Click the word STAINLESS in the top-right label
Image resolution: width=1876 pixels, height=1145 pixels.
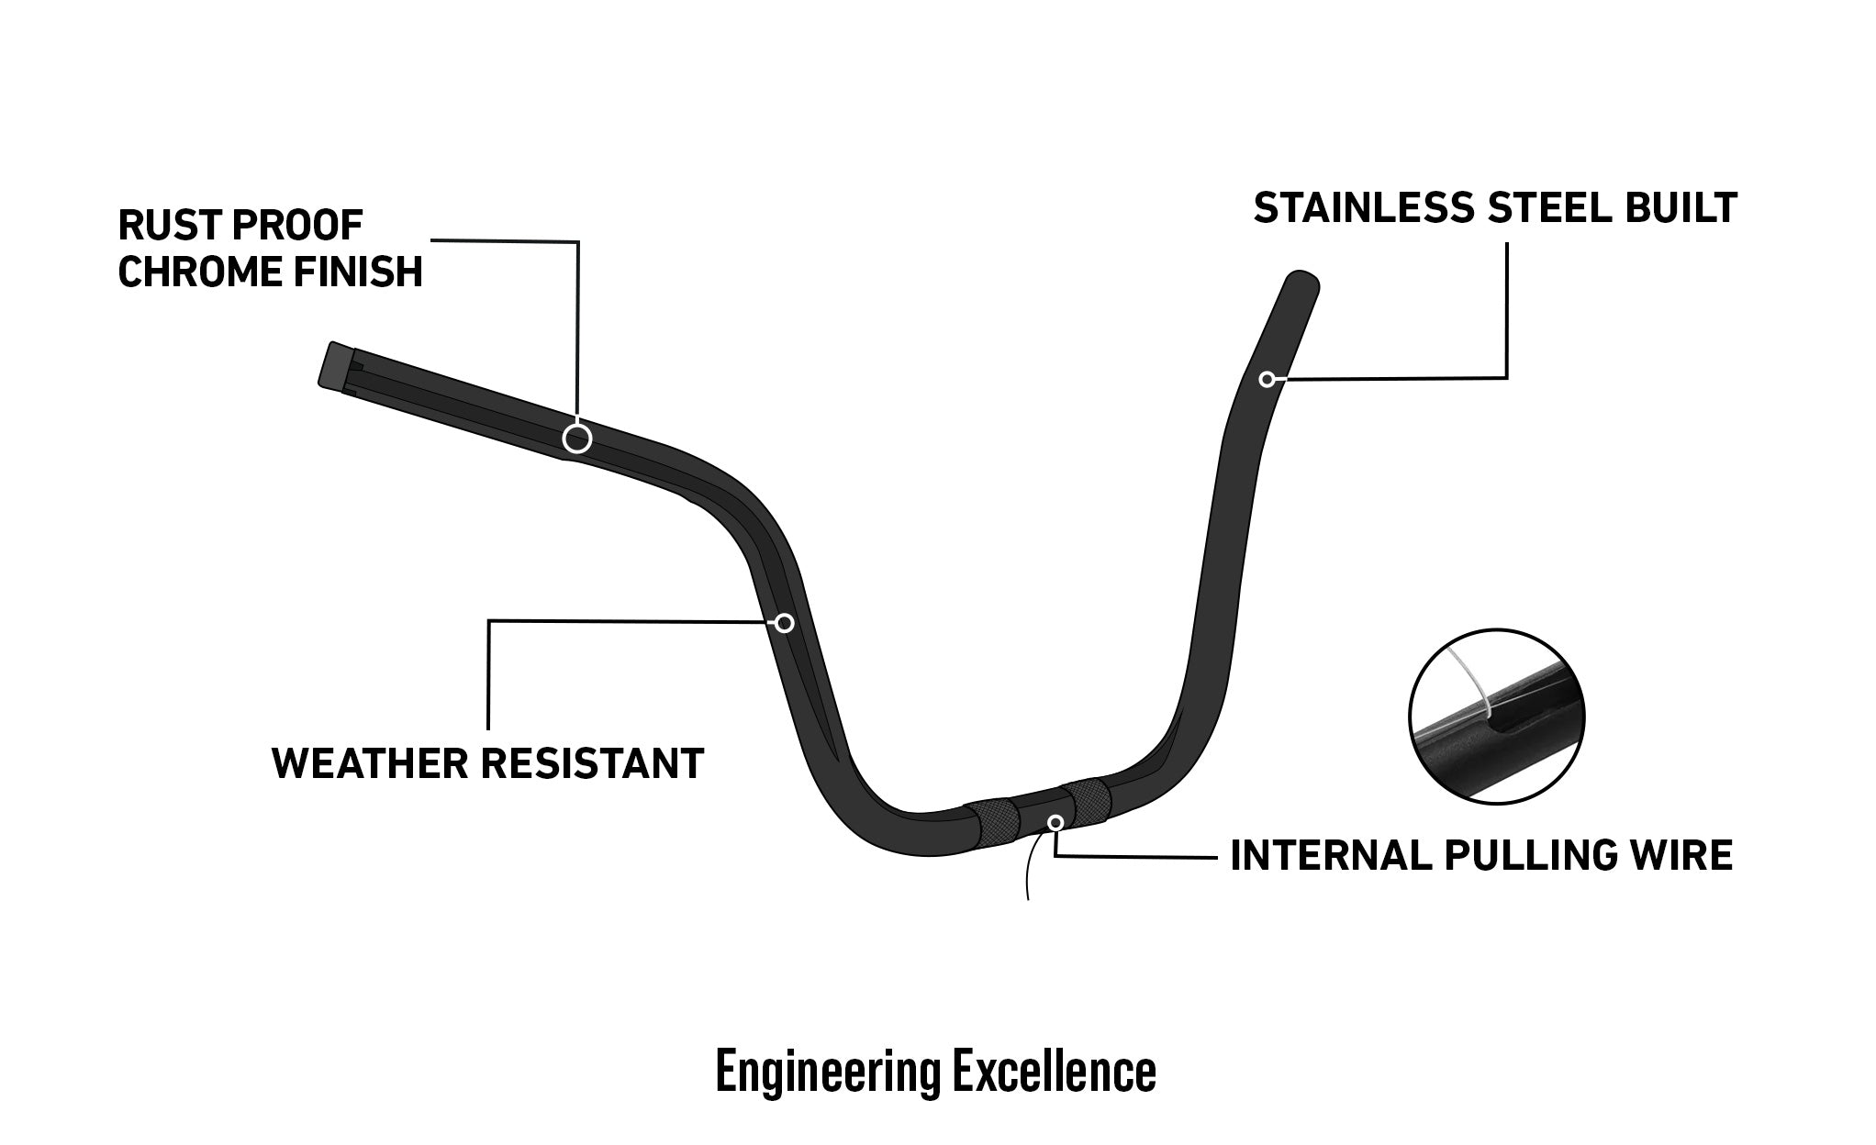tap(1364, 208)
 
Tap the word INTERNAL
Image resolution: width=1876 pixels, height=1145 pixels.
tap(1331, 855)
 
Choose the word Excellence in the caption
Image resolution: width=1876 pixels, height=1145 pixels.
tap(1055, 1070)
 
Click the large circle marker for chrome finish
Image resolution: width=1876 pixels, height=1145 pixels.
tap(577, 439)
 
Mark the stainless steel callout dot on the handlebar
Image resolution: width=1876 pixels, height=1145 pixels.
tap(1267, 379)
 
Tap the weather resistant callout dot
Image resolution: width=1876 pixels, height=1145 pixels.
tap(785, 624)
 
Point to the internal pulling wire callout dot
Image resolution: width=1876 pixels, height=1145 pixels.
tap(1056, 822)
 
